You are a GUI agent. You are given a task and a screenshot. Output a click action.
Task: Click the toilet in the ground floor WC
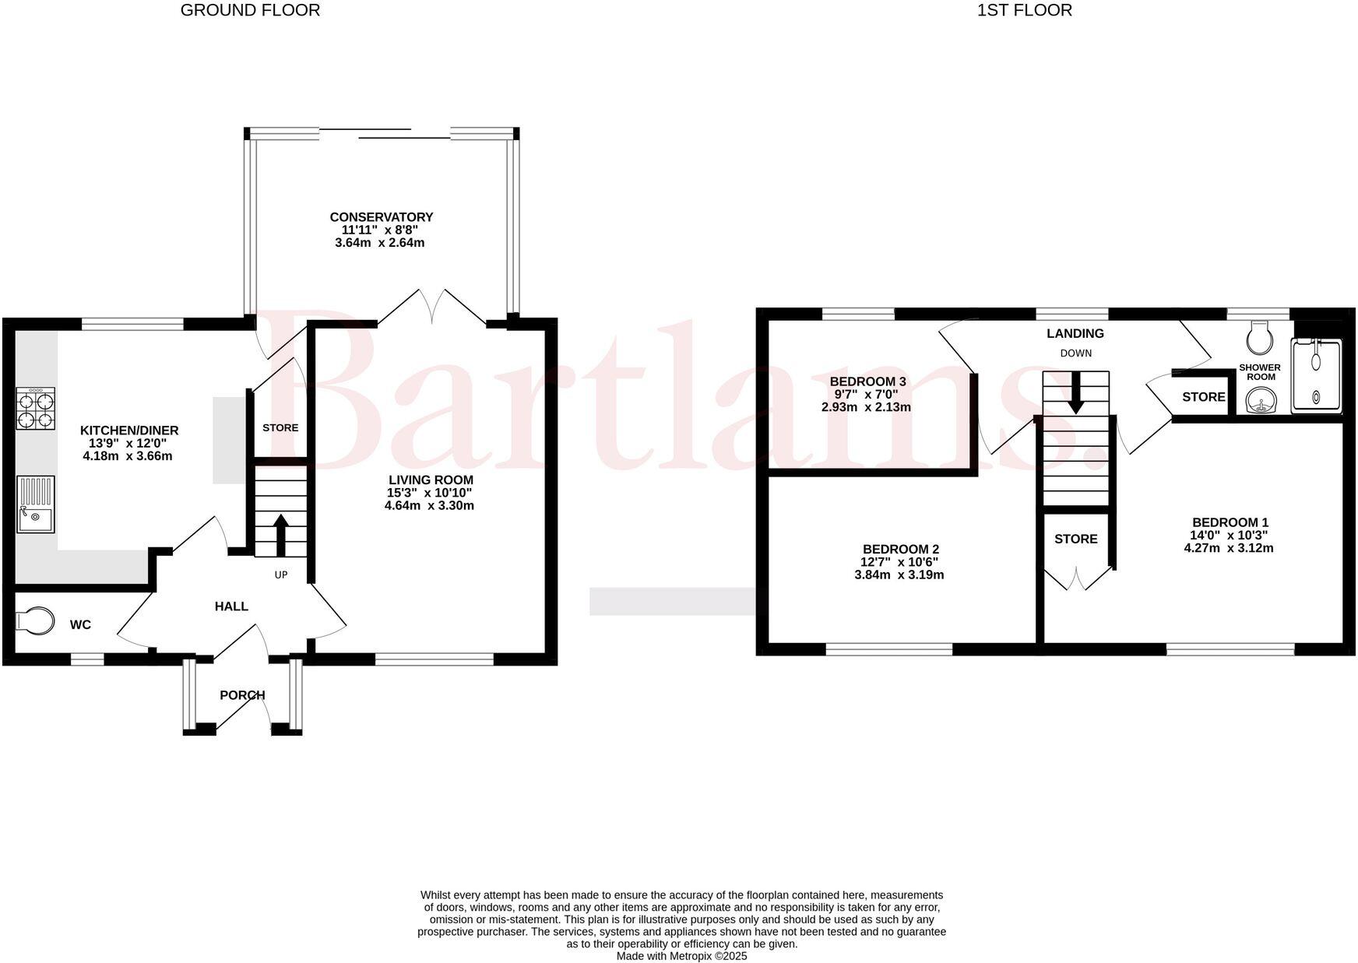[x=36, y=621]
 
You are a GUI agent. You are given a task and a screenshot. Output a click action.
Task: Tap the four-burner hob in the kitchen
[x=36, y=409]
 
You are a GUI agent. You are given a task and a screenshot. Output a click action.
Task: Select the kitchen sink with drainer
[x=36, y=504]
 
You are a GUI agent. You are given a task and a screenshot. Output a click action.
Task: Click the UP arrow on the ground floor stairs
[x=280, y=536]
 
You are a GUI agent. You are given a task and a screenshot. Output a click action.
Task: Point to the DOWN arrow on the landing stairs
[x=1075, y=392]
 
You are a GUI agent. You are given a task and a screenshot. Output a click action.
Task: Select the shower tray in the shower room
[x=1318, y=376]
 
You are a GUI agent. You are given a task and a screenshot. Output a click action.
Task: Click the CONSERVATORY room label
[x=381, y=217]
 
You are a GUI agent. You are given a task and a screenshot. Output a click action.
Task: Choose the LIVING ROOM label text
[x=431, y=480]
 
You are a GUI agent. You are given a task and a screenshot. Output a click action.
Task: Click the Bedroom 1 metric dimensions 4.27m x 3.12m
[x=1229, y=548]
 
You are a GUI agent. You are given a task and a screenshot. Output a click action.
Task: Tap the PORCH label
[x=242, y=695]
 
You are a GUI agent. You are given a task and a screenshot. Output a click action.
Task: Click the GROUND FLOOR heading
[x=250, y=10]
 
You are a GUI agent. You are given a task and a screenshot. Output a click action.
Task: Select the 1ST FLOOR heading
[x=1025, y=10]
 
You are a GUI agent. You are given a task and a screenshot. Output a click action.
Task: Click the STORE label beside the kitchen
[x=280, y=428]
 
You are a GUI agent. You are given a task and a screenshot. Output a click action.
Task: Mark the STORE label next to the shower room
[x=1204, y=397]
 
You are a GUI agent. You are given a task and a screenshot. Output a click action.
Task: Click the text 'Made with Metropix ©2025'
[x=682, y=956]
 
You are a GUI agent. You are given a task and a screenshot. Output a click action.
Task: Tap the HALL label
[x=231, y=606]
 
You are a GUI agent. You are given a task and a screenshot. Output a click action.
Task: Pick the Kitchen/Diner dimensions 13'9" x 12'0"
[x=128, y=443]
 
